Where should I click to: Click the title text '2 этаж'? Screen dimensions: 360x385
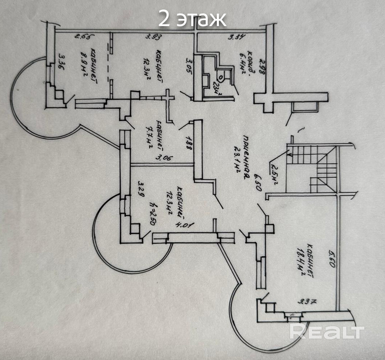click(x=192, y=19)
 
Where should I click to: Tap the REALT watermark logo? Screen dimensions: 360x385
click(x=327, y=332)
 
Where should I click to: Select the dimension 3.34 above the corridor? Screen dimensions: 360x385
click(x=236, y=37)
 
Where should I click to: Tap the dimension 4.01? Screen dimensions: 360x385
click(x=185, y=225)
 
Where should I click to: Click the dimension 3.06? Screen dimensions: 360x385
click(x=165, y=159)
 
